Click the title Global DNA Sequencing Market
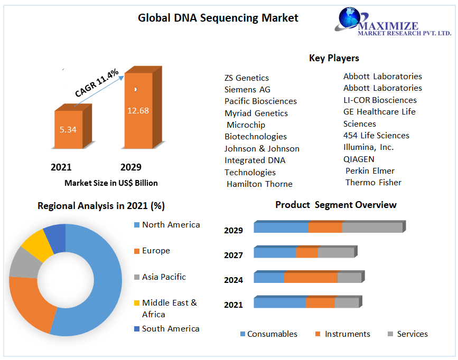tap(218, 18)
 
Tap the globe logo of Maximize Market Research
tap(350, 17)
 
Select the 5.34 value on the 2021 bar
tap(68, 129)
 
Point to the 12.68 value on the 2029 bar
tap(138, 110)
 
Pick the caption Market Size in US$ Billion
tap(111, 183)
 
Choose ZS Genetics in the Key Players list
tap(246, 78)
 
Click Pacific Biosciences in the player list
tap(260, 101)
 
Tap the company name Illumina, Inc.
tap(368, 147)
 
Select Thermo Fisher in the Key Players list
tap(373, 183)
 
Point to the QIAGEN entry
tap(359, 159)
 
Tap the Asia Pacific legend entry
tap(163, 277)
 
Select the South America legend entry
tap(170, 329)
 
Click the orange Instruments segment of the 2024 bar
tap(311, 278)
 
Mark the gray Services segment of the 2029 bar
tap(372, 228)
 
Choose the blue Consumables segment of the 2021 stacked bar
tap(279, 303)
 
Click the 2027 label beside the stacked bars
tap(233, 255)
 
